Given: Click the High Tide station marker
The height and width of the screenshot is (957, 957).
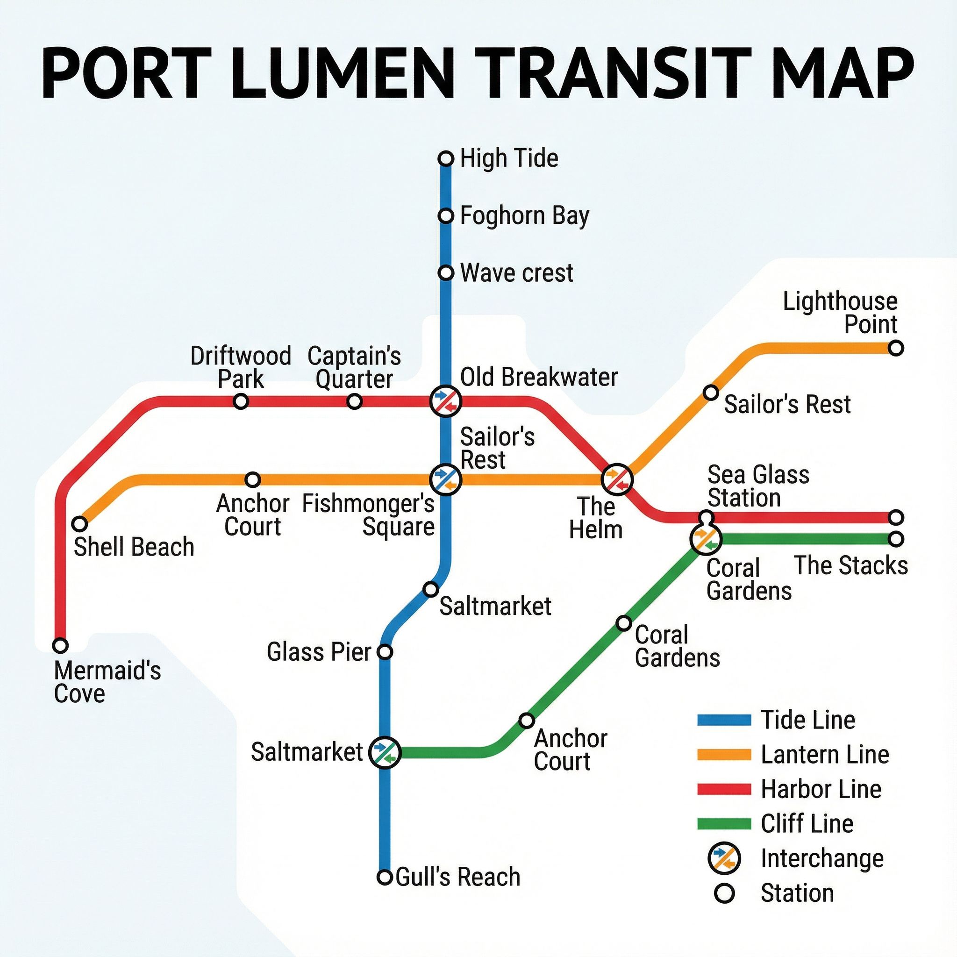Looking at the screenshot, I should [x=446, y=158].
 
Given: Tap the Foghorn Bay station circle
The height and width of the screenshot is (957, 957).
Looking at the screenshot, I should [x=446, y=216].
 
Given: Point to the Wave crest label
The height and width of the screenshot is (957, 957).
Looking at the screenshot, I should [x=516, y=273].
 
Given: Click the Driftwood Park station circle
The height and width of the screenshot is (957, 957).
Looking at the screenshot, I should [x=241, y=401].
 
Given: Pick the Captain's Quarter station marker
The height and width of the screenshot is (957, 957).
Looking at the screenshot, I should [x=354, y=401].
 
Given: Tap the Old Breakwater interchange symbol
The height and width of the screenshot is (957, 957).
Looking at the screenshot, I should [x=446, y=401].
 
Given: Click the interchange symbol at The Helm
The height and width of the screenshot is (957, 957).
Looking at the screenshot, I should [x=617, y=479].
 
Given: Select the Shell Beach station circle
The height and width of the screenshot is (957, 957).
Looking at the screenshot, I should [x=80, y=523].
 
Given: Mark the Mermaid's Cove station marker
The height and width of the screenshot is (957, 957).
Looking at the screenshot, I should [x=60, y=645].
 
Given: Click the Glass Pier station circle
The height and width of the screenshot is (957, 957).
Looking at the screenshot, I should [x=385, y=652].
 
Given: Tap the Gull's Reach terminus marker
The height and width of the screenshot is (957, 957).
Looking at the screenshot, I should [x=385, y=877].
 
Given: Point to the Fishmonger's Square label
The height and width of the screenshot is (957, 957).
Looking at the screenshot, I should [x=368, y=515].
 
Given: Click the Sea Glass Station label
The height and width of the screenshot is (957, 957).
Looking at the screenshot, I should [x=758, y=486].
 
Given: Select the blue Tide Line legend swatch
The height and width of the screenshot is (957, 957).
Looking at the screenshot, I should [x=724, y=720].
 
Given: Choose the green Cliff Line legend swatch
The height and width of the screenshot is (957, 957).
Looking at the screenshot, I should [x=724, y=823].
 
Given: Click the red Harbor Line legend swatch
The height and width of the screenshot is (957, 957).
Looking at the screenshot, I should [x=724, y=789].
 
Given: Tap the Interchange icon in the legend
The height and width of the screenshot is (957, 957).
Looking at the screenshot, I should [x=725, y=858].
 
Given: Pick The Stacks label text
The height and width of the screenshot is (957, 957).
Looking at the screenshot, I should [x=850, y=565].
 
